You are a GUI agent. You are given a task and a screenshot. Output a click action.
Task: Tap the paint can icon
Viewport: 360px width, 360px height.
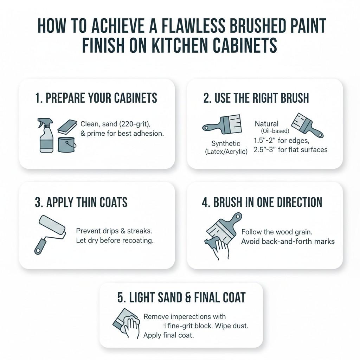67,144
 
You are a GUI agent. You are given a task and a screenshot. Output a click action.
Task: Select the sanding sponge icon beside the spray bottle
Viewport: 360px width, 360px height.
67,126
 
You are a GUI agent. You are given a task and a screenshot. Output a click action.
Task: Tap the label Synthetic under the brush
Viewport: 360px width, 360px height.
226,143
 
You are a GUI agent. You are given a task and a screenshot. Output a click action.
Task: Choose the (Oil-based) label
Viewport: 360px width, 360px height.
275,131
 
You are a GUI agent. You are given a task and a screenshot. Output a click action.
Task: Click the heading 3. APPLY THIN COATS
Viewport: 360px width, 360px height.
81,202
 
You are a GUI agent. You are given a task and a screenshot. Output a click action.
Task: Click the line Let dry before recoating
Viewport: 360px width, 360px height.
115,241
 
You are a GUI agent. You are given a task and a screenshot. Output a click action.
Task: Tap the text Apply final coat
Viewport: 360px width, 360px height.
168,335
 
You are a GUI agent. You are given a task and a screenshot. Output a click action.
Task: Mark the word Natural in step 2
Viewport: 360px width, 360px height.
266,124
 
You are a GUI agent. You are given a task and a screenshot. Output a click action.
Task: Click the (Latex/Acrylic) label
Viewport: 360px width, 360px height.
226,152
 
